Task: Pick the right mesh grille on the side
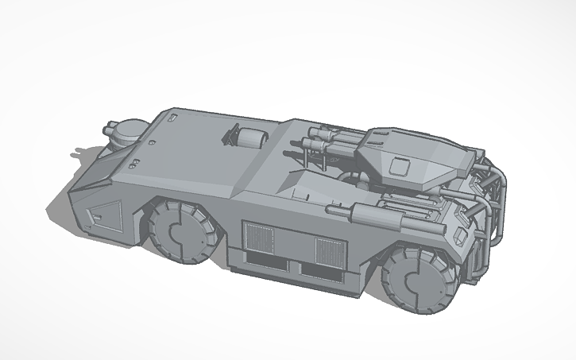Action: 328,252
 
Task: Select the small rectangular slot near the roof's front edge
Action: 172,119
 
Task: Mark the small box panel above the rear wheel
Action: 460,236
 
